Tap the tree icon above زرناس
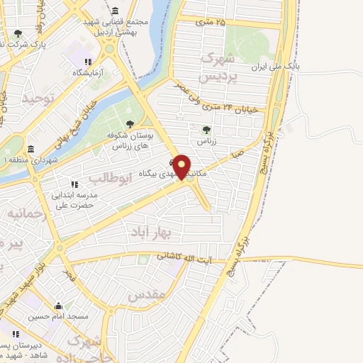point(206,130)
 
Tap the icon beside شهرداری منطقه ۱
point(30,150)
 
